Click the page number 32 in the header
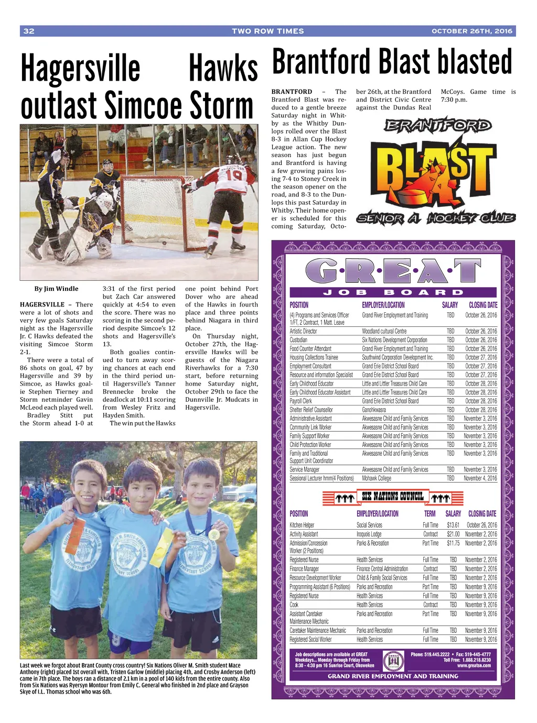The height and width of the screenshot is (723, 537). tap(29, 31)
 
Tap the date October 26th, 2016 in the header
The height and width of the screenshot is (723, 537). tap(471, 31)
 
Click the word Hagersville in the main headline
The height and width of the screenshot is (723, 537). tap(80, 69)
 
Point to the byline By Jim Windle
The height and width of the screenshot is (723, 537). tap(56, 289)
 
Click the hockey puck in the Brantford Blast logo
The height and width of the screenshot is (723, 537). tap(410, 198)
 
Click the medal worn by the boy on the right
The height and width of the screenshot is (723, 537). tap(214, 534)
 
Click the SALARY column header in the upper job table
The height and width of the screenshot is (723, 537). tap(449, 305)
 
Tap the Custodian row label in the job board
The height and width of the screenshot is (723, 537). tap(298, 340)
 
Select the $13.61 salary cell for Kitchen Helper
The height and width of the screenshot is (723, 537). tap(453, 525)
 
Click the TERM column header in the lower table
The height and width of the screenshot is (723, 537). tap(429, 514)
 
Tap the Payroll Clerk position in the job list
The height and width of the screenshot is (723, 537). tap(300, 401)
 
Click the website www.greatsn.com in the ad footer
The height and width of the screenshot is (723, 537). tap(474, 666)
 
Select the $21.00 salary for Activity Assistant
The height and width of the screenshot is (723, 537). tap(453, 534)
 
